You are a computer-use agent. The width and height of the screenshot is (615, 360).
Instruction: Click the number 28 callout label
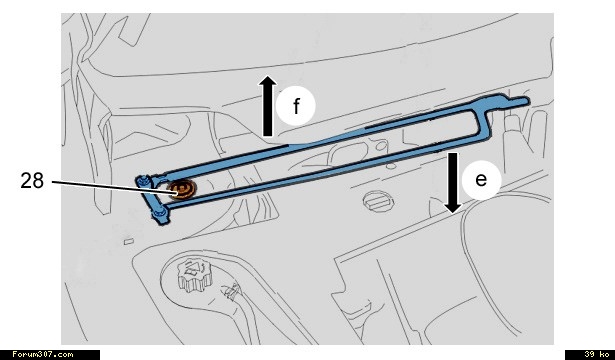coord(32,181)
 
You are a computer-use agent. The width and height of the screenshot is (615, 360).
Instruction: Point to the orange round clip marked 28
coord(181,189)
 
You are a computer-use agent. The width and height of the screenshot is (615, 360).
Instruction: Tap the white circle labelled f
coord(295,106)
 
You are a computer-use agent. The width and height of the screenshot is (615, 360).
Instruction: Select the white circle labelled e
coord(481,180)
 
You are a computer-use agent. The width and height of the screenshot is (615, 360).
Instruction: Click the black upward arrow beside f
coord(267,106)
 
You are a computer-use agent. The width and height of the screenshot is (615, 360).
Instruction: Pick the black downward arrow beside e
coord(453,183)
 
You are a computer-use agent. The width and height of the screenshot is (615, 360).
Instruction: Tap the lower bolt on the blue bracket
coord(159,214)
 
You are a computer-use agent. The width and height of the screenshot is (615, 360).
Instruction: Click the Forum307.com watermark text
coord(43,355)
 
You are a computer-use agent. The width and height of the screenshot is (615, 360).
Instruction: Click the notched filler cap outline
coord(194,275)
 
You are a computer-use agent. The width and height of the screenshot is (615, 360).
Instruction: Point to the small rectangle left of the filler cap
coord(129,241)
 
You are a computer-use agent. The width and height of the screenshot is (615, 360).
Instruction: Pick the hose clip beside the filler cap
coord(231,291)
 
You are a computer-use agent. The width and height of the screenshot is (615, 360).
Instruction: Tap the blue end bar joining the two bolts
coord(151,197)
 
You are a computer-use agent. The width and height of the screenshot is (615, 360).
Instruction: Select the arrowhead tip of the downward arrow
coord(453,213)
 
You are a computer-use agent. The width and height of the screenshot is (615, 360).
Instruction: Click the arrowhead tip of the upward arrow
coord(267,76)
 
